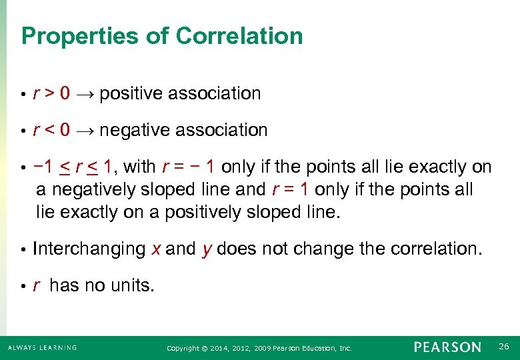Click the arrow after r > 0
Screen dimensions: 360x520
click(x=83, y=94)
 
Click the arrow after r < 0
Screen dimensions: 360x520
click(x=83, y=131)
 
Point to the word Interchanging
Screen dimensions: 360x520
click(x=89, y=249)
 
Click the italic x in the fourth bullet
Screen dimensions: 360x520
click(x=155, y=249)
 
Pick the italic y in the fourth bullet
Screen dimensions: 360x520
click(x=205, y=249)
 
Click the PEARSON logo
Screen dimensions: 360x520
click(x=447, y=347)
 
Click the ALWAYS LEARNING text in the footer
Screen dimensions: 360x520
click(x=43, y=347)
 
